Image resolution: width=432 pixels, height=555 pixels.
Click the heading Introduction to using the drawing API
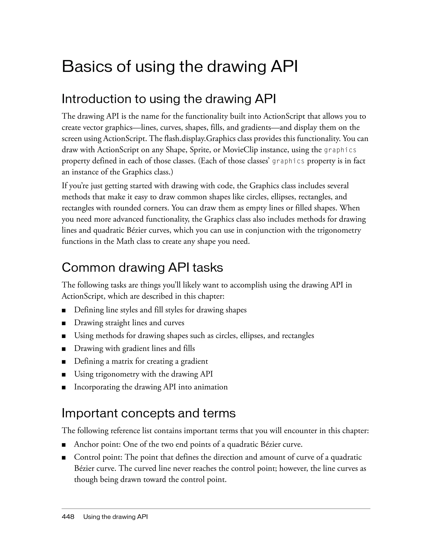click(169, 99)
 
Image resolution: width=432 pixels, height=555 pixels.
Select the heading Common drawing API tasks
click(142, 267)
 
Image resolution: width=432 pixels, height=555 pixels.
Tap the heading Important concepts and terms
click(148, 413)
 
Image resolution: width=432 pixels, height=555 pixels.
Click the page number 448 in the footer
click(68, 517)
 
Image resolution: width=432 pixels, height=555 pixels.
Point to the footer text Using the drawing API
click(115, 517)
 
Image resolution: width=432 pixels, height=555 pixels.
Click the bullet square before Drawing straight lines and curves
click(63, 323)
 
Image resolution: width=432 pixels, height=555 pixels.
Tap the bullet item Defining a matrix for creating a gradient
click(141, 361)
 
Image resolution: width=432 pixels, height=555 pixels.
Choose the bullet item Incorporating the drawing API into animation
click(151, 387)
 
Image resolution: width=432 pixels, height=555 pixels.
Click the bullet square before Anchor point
click(63, 445)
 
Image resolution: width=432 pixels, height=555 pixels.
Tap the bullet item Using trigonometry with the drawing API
click(143, 374)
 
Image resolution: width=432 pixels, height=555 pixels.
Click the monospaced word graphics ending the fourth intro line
click(340, 150)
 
